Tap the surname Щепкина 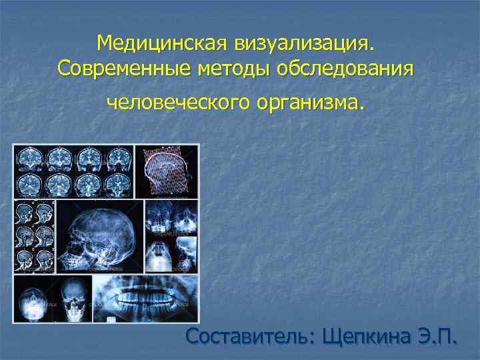tap(368, 336)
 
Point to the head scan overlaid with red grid tap(167, 171)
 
